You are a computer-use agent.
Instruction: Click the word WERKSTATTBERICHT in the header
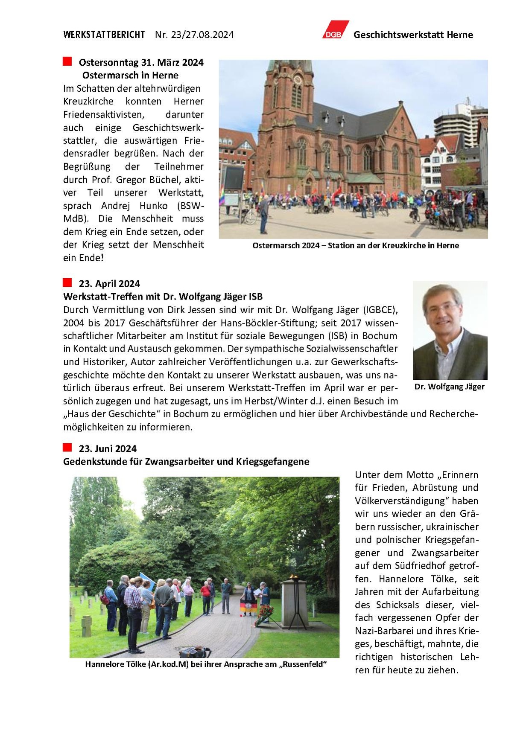[104, 35]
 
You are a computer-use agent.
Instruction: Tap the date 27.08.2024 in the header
[209, 35]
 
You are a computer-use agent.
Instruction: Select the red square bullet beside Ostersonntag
[67, 61]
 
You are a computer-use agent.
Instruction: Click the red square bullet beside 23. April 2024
[67, 282]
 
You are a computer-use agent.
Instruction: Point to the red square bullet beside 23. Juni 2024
[67, 447]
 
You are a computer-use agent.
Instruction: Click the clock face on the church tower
[298, 79]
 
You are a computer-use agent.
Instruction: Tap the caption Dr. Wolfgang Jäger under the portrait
[449, 387]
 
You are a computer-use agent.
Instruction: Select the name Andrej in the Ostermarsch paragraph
[115, 206]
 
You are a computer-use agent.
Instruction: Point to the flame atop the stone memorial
[293, 577]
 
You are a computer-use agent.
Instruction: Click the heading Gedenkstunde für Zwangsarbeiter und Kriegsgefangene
[186, 462]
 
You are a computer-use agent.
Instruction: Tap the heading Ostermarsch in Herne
[130, 75]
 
